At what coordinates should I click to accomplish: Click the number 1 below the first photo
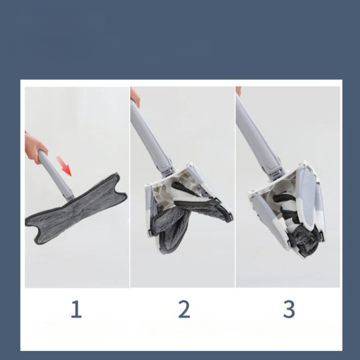click(x=76, y=309)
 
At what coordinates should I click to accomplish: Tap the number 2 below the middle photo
click(x=184, y=309)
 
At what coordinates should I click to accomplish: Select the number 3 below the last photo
click(x=289, y=309)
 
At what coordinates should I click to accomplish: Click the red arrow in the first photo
click(x=63, y=165)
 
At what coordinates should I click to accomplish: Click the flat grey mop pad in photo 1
click(x=76, y=209)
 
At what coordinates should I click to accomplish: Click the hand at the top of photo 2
click(x=135, y=96)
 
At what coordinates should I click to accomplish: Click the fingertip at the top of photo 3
click(x=238, y=90)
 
